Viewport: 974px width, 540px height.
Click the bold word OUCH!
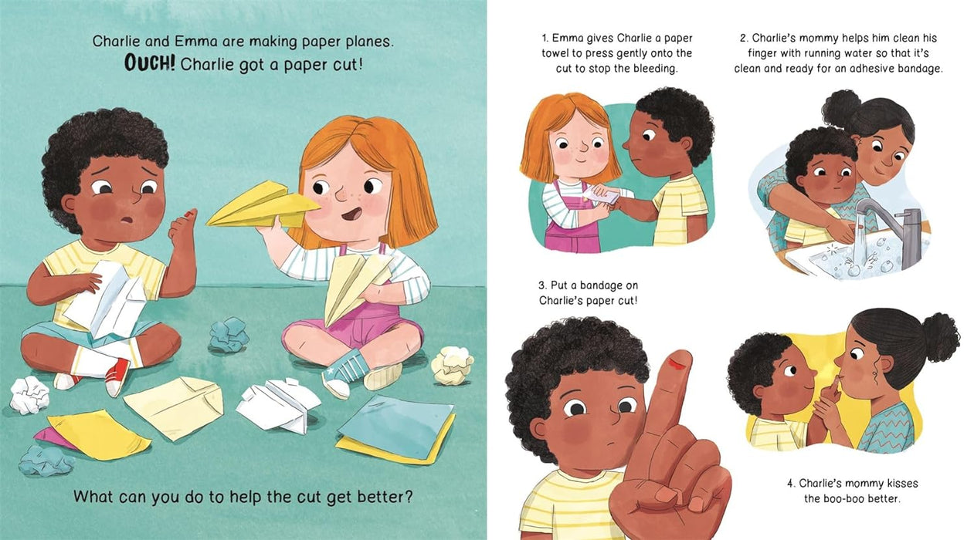click(x=150, y=63)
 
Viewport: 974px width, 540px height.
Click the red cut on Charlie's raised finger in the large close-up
click(x=676, y=363)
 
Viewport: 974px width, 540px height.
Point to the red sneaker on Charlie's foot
click(x=117, y=376)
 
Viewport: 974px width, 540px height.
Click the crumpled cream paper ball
click(x=452, y=365)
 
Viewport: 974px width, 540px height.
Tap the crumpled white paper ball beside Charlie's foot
click(x=29, y=394)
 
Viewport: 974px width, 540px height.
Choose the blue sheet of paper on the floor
click(x=396, y=426)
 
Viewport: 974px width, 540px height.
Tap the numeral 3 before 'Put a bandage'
click(x=541, y=285)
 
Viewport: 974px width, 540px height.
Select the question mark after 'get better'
click(x=408, y=496)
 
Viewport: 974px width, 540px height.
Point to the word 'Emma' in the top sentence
click(x=195, y=41)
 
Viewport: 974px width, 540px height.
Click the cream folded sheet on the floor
click(x=174, y=407)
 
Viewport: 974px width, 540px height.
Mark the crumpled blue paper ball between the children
click(x=229, y=335)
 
